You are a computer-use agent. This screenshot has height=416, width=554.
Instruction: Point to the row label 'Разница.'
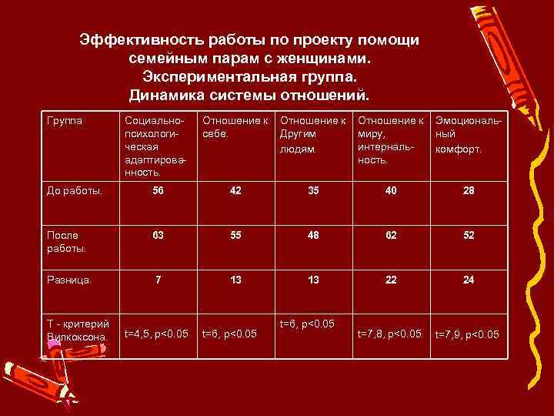pos(67,280)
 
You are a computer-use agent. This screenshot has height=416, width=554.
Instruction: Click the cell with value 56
pos(158,191)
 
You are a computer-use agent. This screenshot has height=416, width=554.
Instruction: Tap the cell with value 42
pos(235,191)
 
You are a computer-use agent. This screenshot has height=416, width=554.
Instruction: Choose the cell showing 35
pos(312,191)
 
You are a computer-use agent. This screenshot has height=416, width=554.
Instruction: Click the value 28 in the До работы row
pos(469,191)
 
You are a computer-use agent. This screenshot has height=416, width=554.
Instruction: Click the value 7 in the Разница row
pos(158,280)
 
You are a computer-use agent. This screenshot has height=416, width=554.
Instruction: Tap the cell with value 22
pos(391,280)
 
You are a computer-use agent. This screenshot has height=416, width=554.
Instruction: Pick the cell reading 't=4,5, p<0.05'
pos(156,334)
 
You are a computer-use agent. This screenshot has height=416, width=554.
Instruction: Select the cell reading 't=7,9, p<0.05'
pos(467,334)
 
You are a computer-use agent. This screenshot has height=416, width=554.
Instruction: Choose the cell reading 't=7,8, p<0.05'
pos(389,333)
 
